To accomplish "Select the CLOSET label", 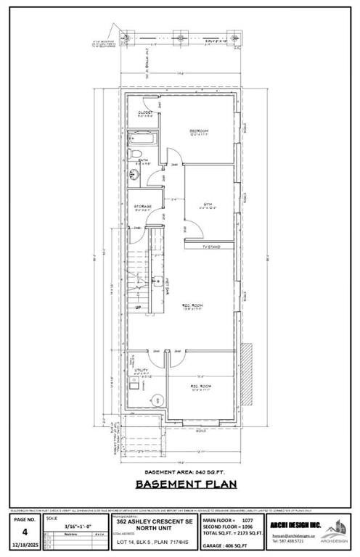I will point(145,113).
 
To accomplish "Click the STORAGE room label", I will point(142,207).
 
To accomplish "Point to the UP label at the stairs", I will point(138,308).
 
